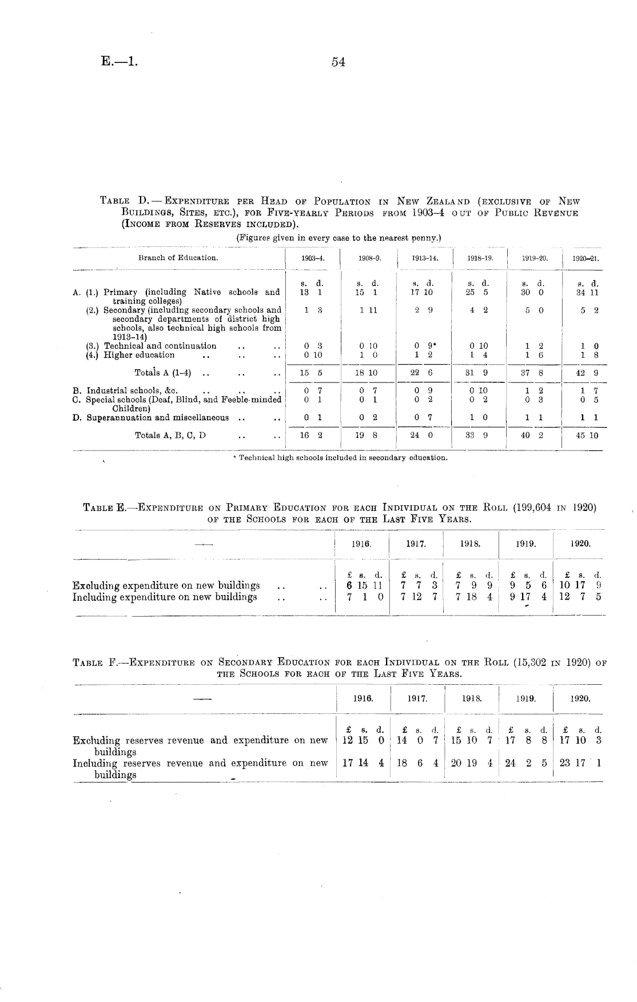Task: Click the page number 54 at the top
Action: click(x=338, y=62)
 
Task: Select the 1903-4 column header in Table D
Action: click(x=313, y=258)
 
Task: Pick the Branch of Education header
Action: click(x=178, y=258)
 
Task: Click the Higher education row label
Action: click(x=139, y=355)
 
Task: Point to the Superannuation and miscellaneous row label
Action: click(x=157, y=417)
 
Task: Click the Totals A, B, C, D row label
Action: click(x=170, y=435)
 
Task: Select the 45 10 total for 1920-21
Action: click(x=587, y=436)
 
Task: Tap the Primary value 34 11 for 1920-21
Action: click(x=587, y=293)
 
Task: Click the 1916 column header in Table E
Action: click(x=361, y=544)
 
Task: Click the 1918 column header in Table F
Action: click(x=471, y=698)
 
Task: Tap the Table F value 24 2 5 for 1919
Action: click(x=527, y=763)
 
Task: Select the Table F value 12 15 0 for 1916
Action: click(x=363, y=740)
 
